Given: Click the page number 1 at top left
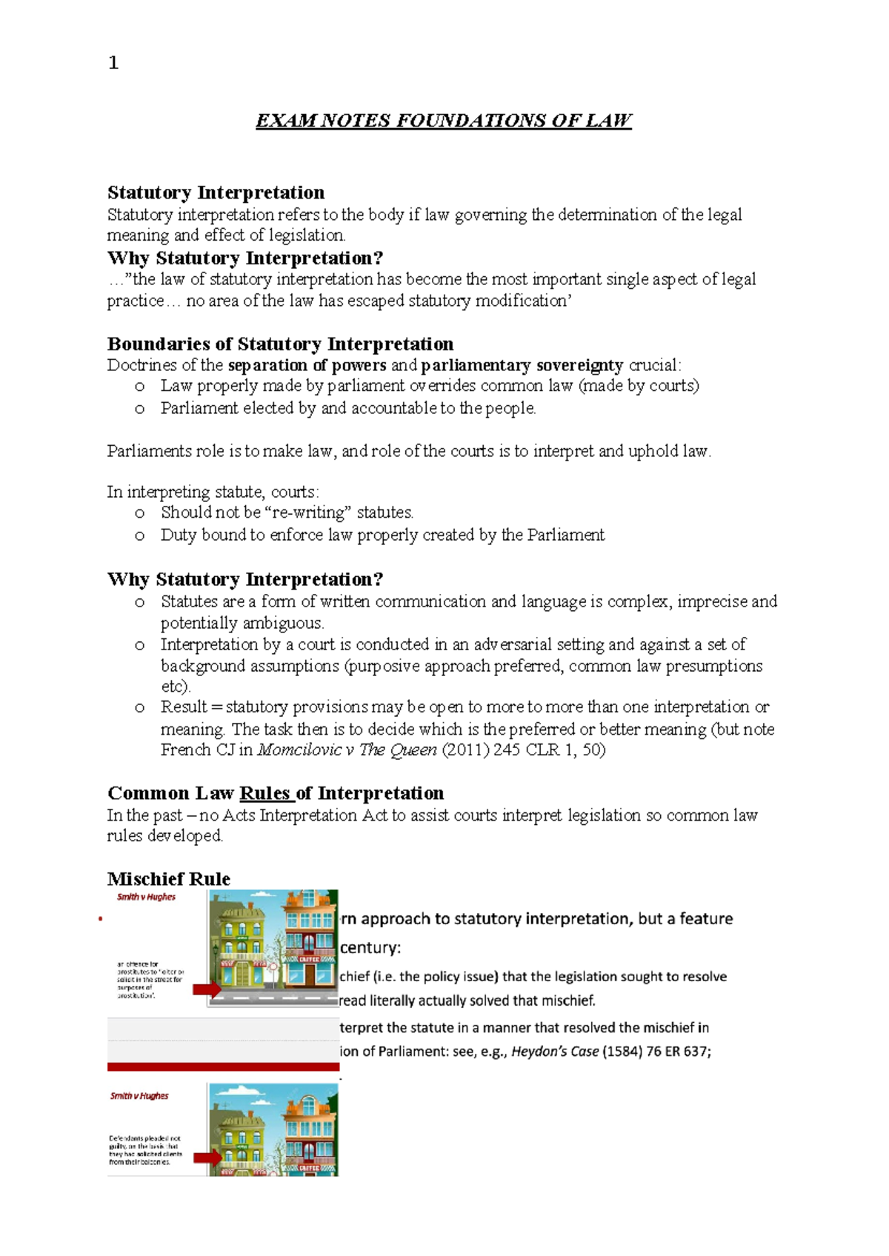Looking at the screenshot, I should click(113, 63).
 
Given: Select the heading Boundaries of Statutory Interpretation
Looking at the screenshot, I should click(280, 344).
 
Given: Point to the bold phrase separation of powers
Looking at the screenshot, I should click(307, 365).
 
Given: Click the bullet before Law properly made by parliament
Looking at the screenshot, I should click(139, 387).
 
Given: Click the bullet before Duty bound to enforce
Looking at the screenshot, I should click(139, 535).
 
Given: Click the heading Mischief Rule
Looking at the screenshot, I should click(169, 879).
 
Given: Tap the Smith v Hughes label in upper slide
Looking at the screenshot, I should click(146, 897).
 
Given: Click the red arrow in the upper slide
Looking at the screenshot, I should click(207, 989).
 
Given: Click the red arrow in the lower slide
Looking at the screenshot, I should click(207, 1158).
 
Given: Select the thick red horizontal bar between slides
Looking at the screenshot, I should click(223, 1066).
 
